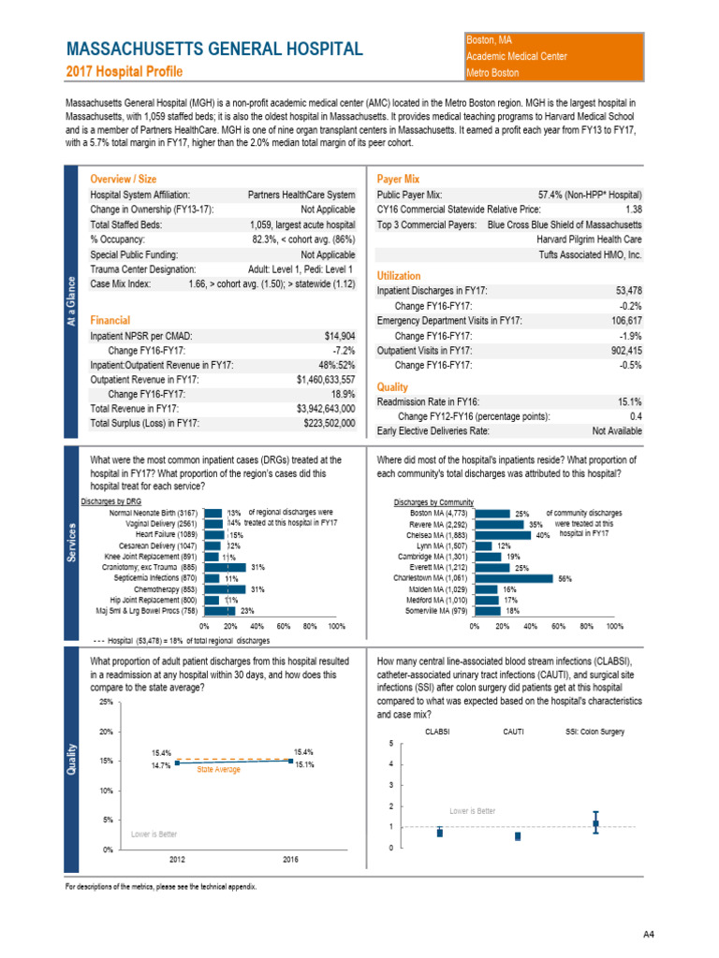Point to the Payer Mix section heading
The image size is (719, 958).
pyautogui.click(x=398, y=178)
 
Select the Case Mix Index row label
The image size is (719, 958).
pyautogui.click(x=123, y=283)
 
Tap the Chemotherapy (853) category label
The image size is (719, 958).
pyautogui.click(x=166, y=589)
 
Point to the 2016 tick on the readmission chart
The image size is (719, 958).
pyautogui.click(x=290, y=857)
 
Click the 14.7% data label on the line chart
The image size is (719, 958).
pyautogui.click(x=161, y=765)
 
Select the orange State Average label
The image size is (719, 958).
pyautogui.click(x=218, y=770)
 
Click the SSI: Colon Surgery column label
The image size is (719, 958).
pyautogui.click(x=595, y=732)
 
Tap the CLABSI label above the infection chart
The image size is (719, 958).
pyautogui.click(x=438, y=732)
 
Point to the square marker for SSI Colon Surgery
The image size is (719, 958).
pyautogui.click(x=595, y=824)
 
